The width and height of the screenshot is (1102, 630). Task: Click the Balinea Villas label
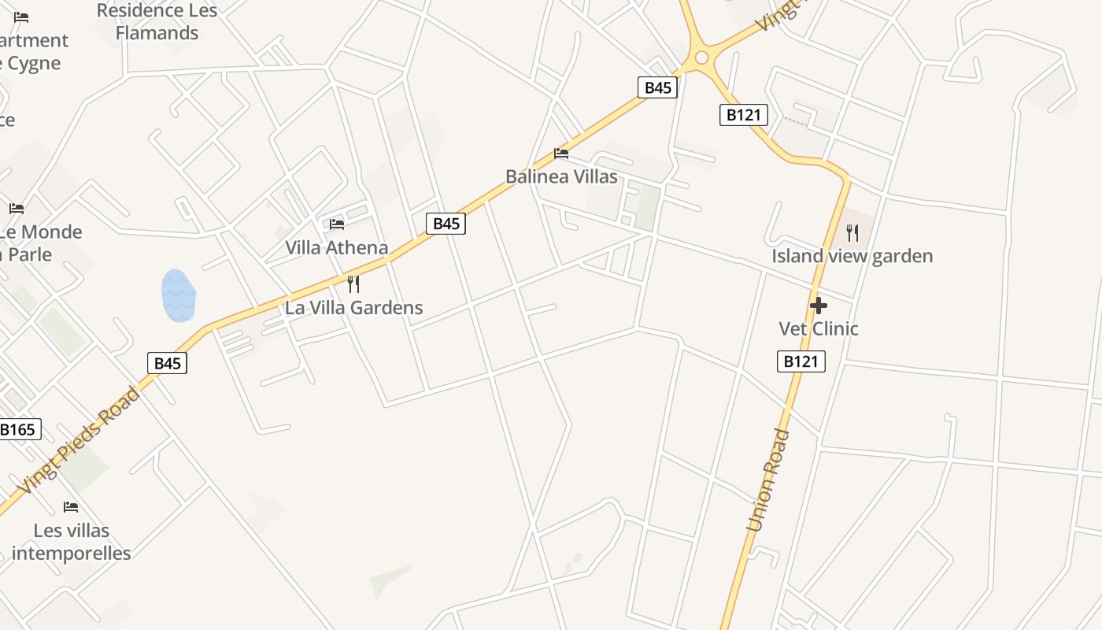pyautogui.click(x=561, y=176)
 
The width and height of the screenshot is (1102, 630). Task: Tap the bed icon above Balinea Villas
pyautogui.click(x=561, y=153)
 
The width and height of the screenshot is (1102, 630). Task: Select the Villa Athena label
pyautogui.click(x=336, y=248)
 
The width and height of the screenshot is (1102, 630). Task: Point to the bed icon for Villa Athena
pyautogui.click(x=337, y=224)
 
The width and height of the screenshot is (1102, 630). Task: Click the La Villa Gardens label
pyautogui.click(x=354, y=308)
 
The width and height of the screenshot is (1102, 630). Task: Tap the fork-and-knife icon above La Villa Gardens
pyautogui.click(x=353, y=283)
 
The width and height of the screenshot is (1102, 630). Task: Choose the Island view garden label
pyautogui.click(x=852, y=256)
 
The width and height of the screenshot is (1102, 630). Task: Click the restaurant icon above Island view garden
pyautogui.click(x=852, y=232)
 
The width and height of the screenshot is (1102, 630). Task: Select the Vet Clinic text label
pyautogui.click(x=818, y=328)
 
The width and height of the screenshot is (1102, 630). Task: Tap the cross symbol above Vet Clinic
pyautogui.click(x=819, y=306)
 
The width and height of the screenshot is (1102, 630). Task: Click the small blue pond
pyautogui.click(x=178, y=296)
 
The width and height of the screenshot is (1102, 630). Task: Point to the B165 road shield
pyautogui.click(x=18, y=429)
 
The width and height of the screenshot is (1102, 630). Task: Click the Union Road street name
pyautogui.click(x=767, y=480)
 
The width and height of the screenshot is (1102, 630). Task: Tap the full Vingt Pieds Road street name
pyautogui.click(x=80, y=440)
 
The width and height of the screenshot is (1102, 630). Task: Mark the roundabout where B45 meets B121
pyautogui.click(x=701, y=57)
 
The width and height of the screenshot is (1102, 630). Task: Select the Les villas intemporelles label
pyautogui.click(x=72, y=542)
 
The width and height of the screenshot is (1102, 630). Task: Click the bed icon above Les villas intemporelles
pyautogui.click(x=71, y=506)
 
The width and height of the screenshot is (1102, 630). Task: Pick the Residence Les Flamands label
pyautogui.click(x=157, y=22)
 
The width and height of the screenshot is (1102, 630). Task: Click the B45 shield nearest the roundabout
pyautogui.click(x=657, y=87)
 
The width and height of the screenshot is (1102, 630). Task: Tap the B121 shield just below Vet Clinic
pyautogui.click(x=802, y=361)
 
